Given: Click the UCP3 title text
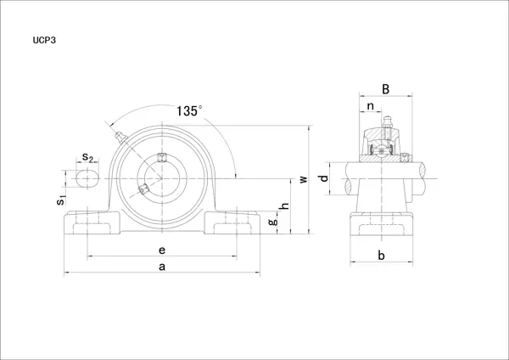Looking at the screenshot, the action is [44, 40].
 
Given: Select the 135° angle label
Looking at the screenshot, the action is [189, 110].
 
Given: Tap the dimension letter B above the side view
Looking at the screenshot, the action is [386, 88].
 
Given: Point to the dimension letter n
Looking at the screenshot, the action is [371, 106].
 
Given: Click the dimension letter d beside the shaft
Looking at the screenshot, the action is [324, 178].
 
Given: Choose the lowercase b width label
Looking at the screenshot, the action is [382, 256].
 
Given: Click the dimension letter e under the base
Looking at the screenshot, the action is [162, 250].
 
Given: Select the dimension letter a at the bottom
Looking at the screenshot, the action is [162, 267].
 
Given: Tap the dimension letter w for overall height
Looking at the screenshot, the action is [303, 179].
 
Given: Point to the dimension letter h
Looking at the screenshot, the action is [285, 205].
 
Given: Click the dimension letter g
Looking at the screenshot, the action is [273, 222].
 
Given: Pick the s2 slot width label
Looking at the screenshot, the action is [87, 157].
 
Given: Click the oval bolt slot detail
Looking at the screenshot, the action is [87, 178].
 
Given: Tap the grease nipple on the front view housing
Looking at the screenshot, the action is [121, 138].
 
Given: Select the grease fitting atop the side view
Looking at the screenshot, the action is [387, 122].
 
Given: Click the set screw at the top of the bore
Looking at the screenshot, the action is [161, 158].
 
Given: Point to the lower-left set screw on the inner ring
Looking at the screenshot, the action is [143, 188].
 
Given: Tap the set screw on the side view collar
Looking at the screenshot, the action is [405, 158].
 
